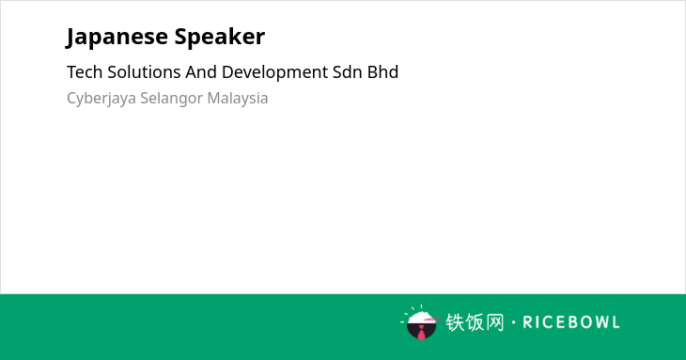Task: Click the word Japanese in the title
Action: pos(117,37)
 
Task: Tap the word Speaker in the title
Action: pos(220,37)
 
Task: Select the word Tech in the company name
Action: pos(85,72)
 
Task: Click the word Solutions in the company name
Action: pos(144,72)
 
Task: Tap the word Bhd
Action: pos(382,72)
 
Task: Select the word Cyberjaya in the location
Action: pos(101,99)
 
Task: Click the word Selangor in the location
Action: pos(171,99)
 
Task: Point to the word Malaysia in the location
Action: pos(238,99)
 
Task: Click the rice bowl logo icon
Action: pos(420,322)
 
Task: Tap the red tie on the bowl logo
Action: pos(421,333)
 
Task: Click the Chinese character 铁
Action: pos(455,322)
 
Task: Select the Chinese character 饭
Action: pos(475,322)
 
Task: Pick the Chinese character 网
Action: pos(494,322)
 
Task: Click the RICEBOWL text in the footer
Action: pos(571,322)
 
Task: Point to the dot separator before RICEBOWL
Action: pos(513,322)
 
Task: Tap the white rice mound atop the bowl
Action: pos(421,317)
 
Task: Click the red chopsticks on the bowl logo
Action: pos(433,319)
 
